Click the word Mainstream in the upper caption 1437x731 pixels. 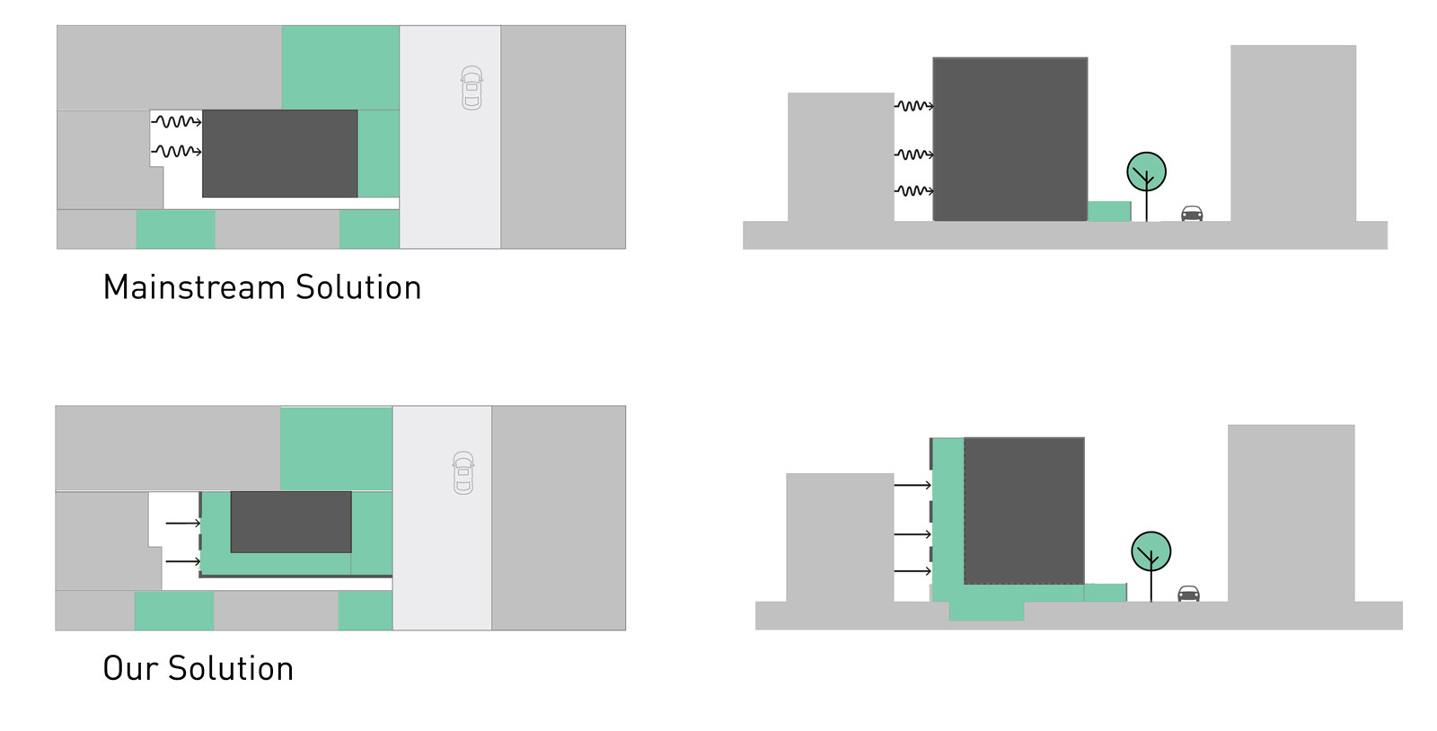(194, 287)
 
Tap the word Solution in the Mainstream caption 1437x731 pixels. (358, 287)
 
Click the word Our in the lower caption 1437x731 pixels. (130, 668)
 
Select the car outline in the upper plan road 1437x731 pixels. (472, 88)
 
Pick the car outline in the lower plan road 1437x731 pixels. (463, 472)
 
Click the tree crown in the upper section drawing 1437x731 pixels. (1146, 172)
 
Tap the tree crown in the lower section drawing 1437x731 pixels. (1150, 551)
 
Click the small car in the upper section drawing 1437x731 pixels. (1192, 213)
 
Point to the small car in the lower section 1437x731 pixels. (1188, 593)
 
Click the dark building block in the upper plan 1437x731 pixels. (279, 154)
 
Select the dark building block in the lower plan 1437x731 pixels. (291, 522)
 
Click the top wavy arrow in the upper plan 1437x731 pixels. (176, 121)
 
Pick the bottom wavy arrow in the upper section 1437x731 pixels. (914, 190)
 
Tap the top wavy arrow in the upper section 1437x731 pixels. (914, 106)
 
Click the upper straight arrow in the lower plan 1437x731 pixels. (183, 524)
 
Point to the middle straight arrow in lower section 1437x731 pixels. (912, 534)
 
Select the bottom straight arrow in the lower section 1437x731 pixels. (912, 570)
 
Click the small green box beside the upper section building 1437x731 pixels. (1109, 211)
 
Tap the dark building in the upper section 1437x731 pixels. (1010, 139)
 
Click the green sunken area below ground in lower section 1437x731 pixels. (987, 611)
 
